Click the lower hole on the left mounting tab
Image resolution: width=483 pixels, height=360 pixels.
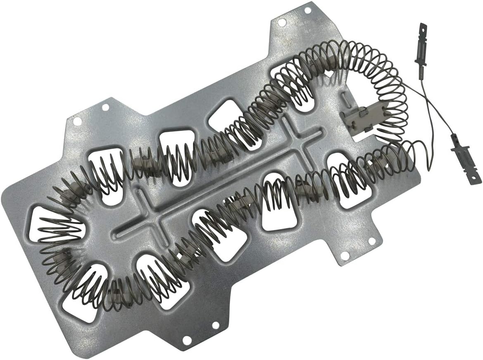click(77, 121)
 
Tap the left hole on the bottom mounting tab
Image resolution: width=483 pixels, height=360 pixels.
click(187, 340)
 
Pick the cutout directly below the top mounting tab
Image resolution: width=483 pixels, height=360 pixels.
click(289, 74)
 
